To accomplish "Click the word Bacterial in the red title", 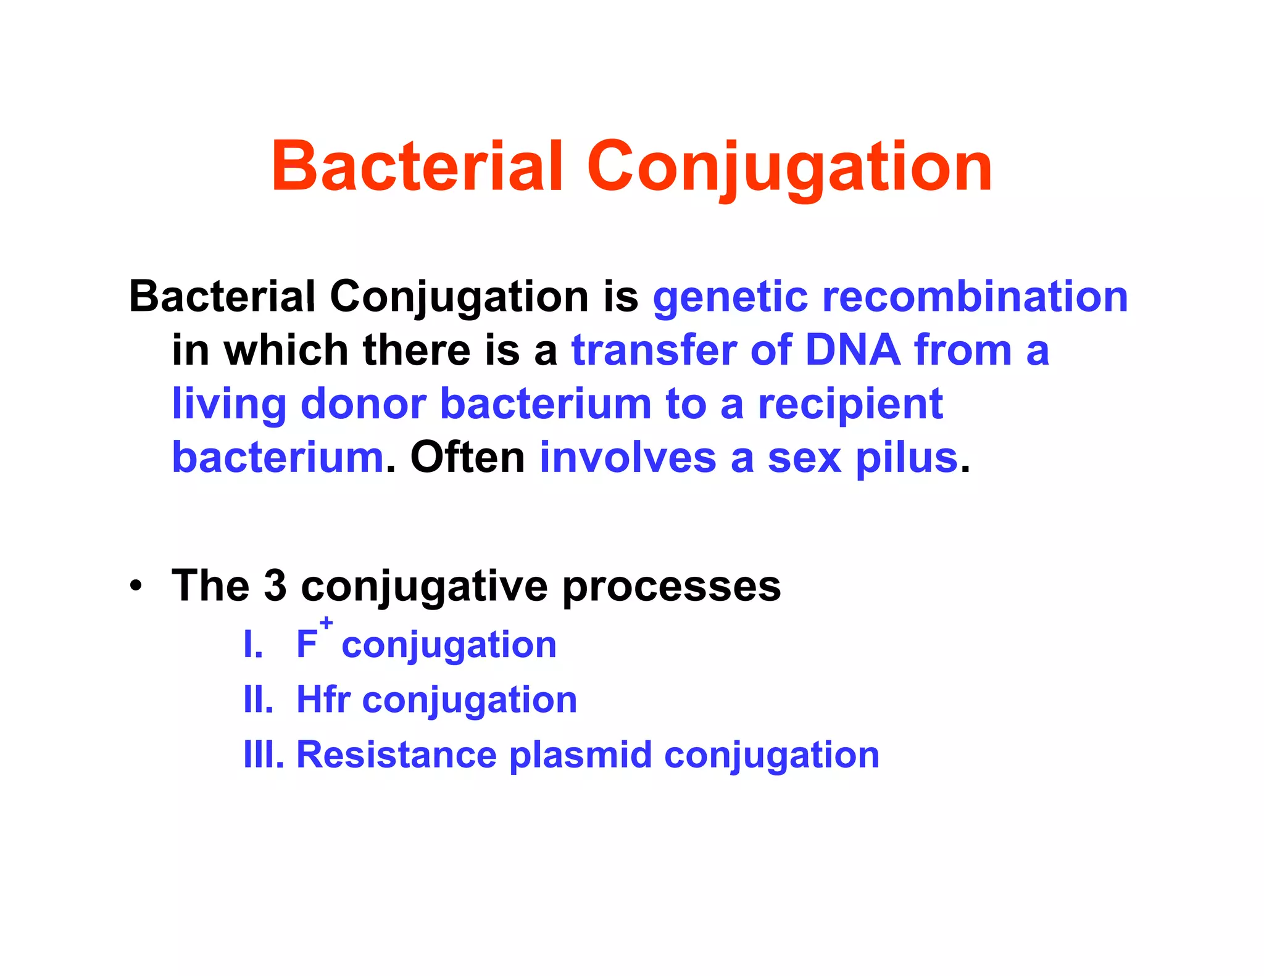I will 417,167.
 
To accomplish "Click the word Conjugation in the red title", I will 789,167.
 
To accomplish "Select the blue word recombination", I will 975,297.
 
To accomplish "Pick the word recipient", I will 850,405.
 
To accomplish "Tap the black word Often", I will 467,458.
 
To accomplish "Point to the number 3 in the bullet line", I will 275,585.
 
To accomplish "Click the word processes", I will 671,587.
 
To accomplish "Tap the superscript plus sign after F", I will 326,623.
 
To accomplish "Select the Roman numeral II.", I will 258,700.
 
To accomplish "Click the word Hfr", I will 323,700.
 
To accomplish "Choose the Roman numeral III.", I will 264,755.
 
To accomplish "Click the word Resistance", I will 396,755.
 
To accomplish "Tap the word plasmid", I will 580,756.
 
